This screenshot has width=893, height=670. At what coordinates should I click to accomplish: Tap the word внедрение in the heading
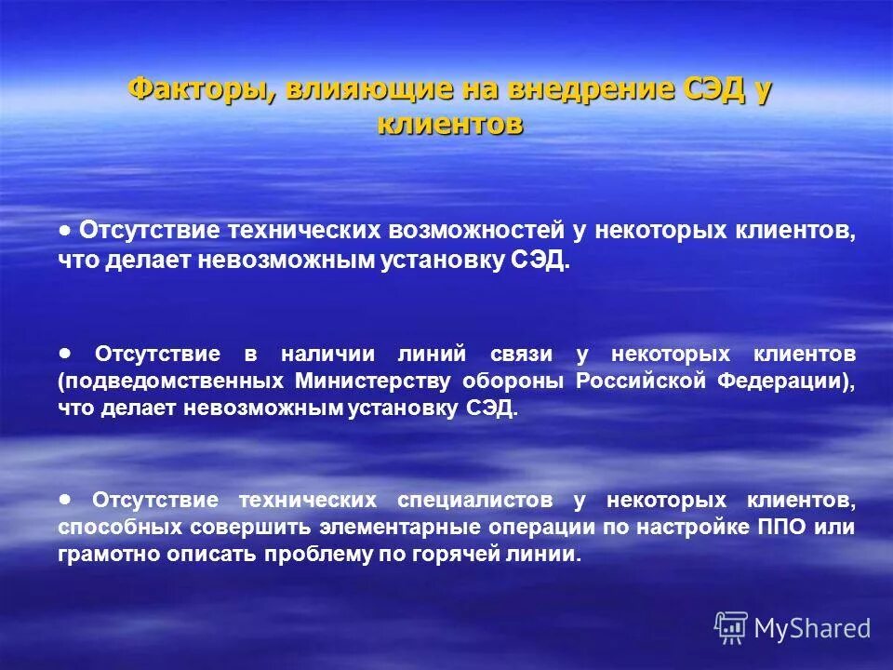(x=549, y=91)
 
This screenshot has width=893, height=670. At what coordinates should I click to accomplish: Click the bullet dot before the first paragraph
(x=64, y=229)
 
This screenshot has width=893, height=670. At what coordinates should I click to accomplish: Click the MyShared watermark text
(x=813, y=628)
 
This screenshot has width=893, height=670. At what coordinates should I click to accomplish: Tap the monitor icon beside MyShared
(x=731, y=628)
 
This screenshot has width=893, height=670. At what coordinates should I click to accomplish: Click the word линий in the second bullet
(x=425, y=355)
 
